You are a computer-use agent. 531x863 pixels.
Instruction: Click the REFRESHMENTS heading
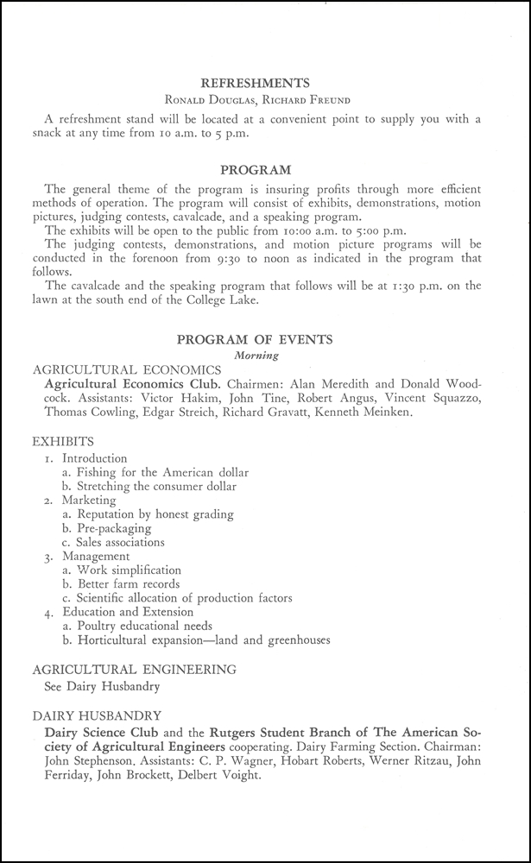255,84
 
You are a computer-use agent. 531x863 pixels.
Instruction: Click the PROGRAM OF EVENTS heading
255,339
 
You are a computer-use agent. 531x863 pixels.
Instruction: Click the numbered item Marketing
88,501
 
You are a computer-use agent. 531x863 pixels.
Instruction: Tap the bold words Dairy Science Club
98,732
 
